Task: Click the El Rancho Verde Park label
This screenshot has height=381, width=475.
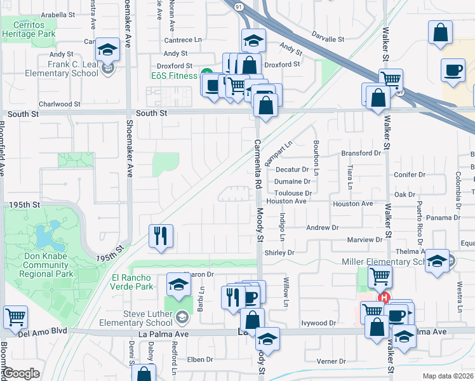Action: (131, 282)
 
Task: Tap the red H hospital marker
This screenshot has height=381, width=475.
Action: (384, 297)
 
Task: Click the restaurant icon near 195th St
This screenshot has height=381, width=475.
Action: (161, 236)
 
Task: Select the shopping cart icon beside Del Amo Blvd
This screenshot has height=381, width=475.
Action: (15, 316)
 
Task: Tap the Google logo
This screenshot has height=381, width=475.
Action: (21, 373)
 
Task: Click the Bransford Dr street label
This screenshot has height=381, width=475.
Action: (360, 153)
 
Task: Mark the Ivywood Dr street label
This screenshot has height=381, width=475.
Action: (318, 323)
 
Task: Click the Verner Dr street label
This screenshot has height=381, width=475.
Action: (330, 361)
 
